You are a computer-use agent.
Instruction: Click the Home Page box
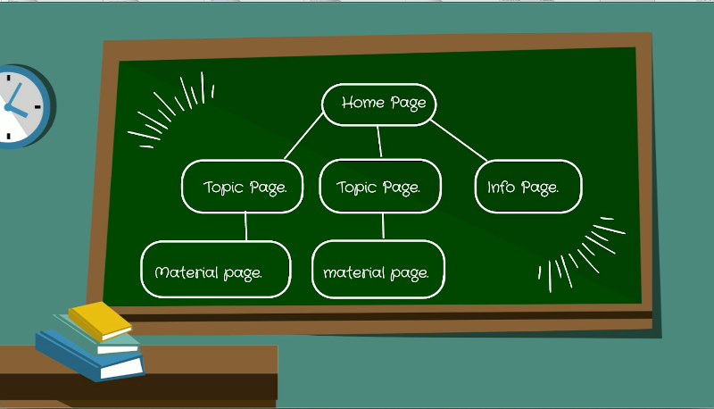(x=378, y=104)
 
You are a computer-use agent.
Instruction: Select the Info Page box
(x=528, y=187)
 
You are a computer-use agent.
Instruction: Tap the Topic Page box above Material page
(x=242, y=187)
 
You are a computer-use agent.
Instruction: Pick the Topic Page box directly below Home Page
(x=380, y=186)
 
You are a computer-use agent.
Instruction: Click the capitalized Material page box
(x=216, y=269)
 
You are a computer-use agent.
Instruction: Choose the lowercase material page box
(x=378, y=269)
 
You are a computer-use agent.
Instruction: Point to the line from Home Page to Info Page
(x=459, y=140)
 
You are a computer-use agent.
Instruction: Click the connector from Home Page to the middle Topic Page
(x=379, y=142)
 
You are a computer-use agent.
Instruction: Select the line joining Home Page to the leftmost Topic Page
(x=303, y=136)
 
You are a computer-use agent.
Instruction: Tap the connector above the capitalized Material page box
(x=246, y=226)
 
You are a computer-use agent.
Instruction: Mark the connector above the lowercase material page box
(x=383, y=226)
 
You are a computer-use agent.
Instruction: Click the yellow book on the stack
(x=100, y=321)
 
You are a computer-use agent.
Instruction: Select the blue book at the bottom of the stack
(x=90, y=356)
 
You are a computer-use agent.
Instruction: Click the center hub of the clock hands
(x=8, y=107)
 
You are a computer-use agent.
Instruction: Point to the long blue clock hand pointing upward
(x=14, y=95)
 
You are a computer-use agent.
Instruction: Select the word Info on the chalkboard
(x=501, y=187)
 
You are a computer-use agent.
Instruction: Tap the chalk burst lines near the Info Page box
(x=582, y=255)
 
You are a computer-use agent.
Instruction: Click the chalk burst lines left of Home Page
(x=170, y=110)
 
